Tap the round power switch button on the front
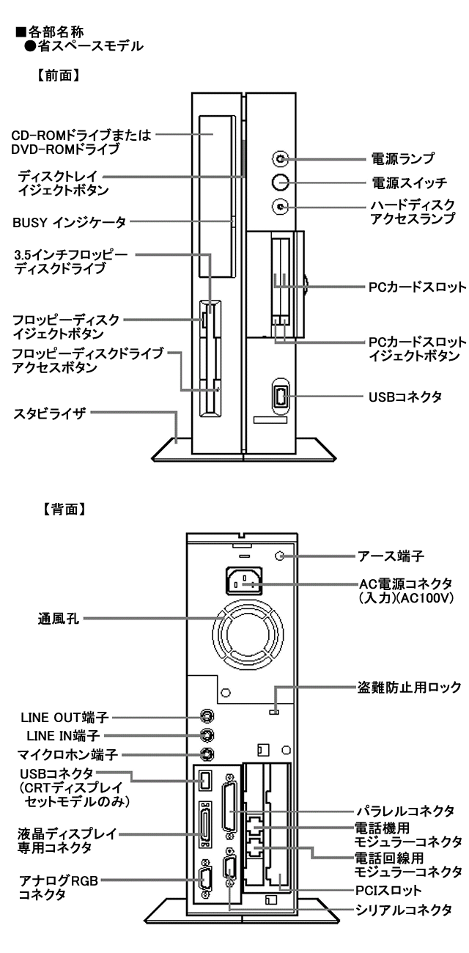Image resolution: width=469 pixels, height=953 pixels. coord(280,182)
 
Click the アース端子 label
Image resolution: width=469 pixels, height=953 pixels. coord(403,555)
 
